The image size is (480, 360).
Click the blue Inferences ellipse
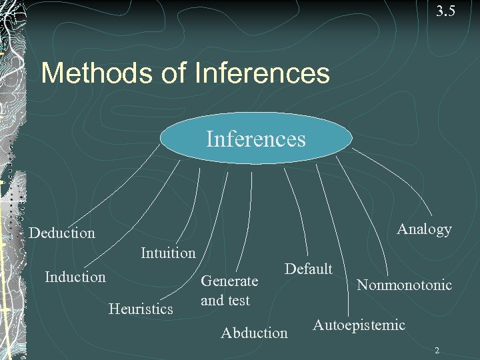click(256, 139)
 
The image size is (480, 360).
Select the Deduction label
click(62, 233)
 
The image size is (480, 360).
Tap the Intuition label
click(168, 253)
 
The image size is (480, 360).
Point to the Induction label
click(75, 276)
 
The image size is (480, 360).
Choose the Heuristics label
click(141, 308)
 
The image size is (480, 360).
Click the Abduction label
click(254, 332)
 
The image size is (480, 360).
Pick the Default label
click(308, 269)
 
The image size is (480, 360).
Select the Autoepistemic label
click(359, 325)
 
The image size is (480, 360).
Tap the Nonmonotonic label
click(404, 285)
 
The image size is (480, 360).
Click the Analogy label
click(424, 229)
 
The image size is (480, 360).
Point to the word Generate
click(229, 282)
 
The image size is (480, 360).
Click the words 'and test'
click(225, 301)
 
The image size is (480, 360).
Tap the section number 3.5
click(445, 11)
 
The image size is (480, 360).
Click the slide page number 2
click(437, 350)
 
